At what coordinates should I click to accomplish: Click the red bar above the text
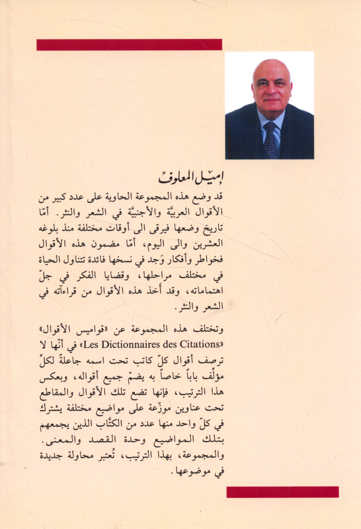(x=129, y=45)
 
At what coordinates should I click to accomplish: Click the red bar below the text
(x=282, y=492)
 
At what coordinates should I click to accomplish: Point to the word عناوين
(x=182, y=408)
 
